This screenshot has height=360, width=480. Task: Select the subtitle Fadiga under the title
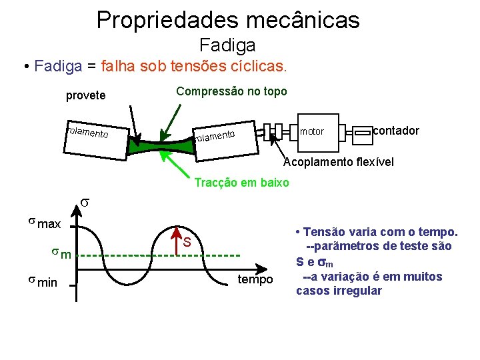tap(227, 45)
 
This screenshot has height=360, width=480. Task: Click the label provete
tap(85, 95)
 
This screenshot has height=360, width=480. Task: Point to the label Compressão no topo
tap(231, 91)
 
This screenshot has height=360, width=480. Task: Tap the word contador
tap(397, 130)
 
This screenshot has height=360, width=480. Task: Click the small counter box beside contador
tap(363, 133)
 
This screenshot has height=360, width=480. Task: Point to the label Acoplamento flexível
tap(339, 162)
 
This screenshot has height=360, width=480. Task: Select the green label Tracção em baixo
tap(241, 183)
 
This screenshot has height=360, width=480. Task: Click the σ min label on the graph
tap(42, 283)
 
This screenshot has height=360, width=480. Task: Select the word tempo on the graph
tap(256, 279)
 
